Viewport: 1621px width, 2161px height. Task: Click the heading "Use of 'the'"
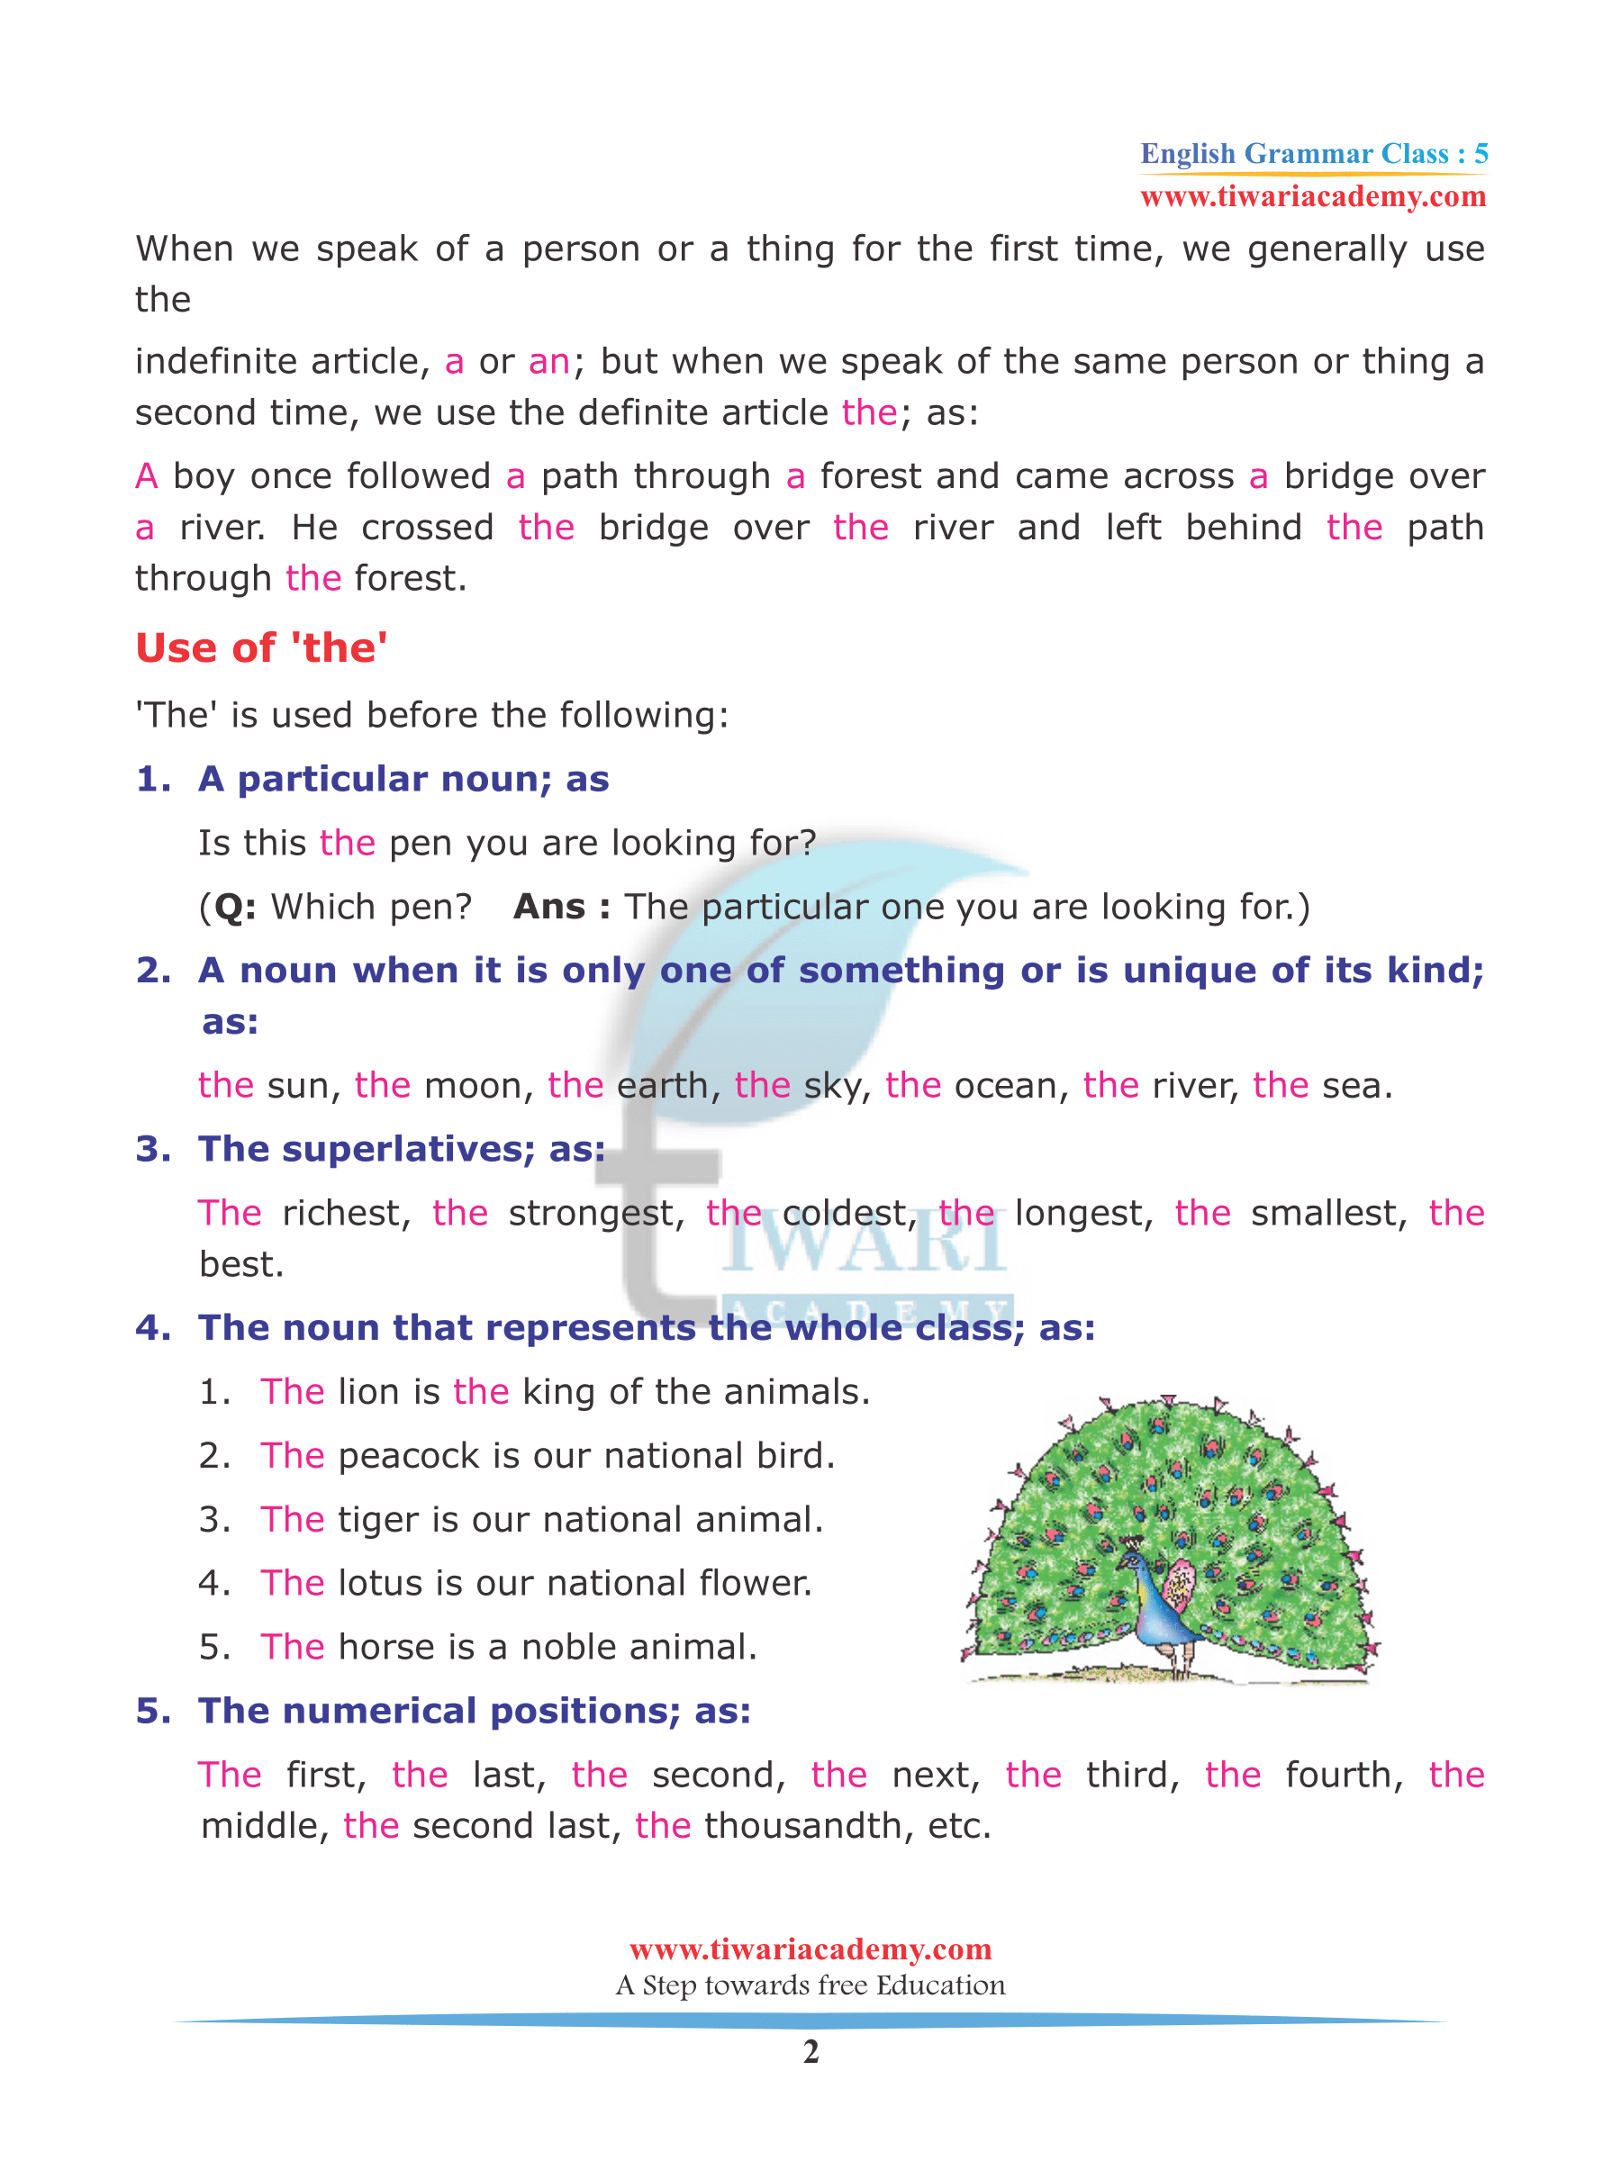pos(261,647)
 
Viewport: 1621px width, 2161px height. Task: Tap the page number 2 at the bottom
pos(810,2051)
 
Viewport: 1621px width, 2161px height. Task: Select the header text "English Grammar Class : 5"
pos(1313,153)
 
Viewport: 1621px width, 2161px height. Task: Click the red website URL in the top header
pos(1313,196)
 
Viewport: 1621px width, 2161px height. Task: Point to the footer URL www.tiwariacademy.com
pos(810,1949)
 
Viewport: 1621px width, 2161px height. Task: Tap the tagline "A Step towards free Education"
pos(810,1985)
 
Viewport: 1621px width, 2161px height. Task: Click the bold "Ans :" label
pos(562,907)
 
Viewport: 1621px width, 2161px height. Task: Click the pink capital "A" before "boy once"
pos(147,476)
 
